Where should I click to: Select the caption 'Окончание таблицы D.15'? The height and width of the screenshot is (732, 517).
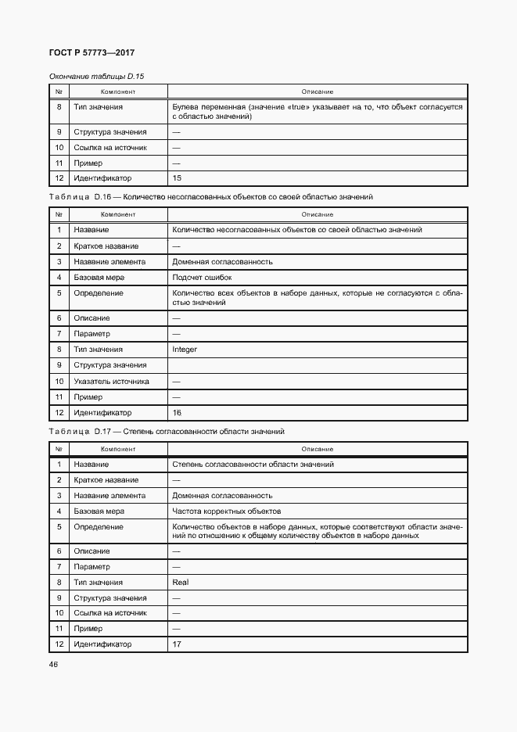click(97, 76)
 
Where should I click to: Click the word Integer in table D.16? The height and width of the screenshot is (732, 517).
click(185, 350)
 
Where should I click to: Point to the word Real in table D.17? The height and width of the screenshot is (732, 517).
click(180, 582)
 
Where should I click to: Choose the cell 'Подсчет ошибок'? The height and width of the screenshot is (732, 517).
click(202, 278)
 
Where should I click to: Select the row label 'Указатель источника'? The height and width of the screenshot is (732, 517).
click(111, 382)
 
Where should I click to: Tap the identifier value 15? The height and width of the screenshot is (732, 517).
click(177, 179)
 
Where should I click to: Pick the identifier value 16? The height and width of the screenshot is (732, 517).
click(177, 413)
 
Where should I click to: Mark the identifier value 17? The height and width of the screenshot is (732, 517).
click(177, 644)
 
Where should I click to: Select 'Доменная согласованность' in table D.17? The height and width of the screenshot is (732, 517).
click(222, 496)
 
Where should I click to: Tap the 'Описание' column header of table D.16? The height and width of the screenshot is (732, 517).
click(318, 214)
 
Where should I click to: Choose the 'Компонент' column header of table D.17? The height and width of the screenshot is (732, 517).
click(118, 449)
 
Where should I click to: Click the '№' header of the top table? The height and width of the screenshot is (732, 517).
click(59, 91)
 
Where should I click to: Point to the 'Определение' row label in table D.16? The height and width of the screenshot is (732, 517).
click(98, 293)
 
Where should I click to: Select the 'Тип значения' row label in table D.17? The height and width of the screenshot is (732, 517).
click(98, 582)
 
